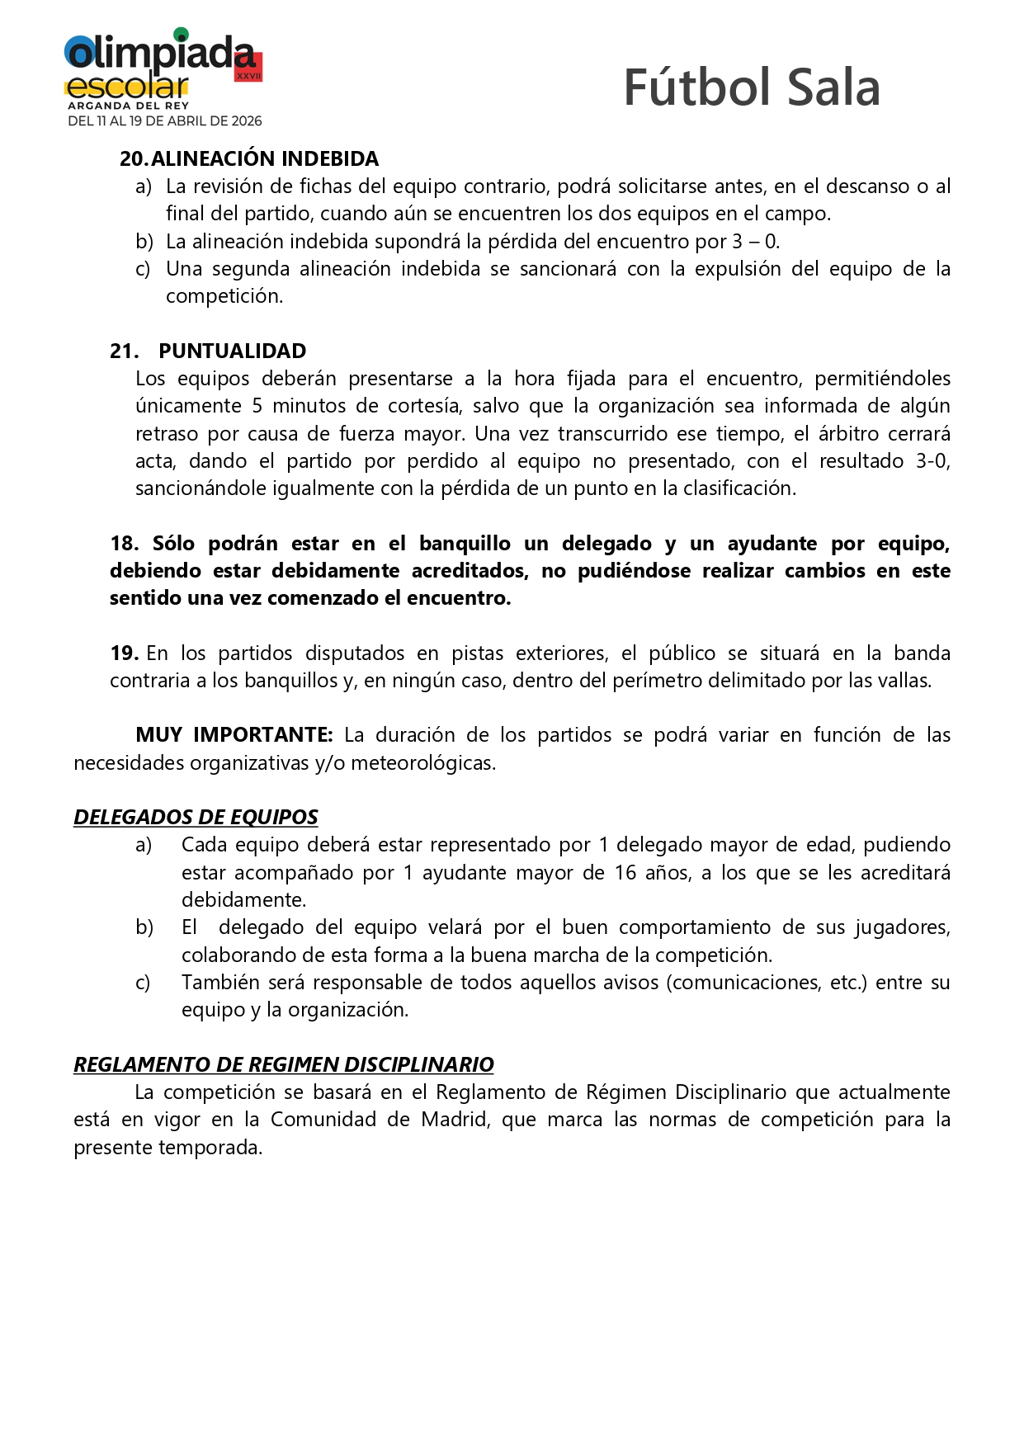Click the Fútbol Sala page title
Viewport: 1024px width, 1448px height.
click(751, 87)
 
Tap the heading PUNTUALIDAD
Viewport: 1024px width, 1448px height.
click(232, 351)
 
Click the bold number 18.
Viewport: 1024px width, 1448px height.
click(124, 544)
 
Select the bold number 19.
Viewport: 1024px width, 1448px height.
click(124, 653)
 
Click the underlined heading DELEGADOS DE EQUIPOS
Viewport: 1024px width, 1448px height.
click(196, 817)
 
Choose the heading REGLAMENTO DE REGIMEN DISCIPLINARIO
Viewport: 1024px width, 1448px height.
click(284, 1064)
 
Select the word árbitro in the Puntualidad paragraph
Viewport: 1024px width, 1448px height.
click(847, 433)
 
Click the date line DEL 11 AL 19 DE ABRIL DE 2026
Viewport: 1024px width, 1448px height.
click(165, 121)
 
